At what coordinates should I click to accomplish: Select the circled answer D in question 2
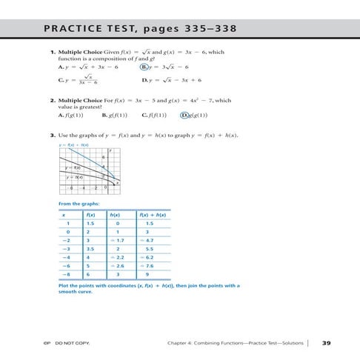point(185,116)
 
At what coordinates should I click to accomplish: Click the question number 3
point(53,135)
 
